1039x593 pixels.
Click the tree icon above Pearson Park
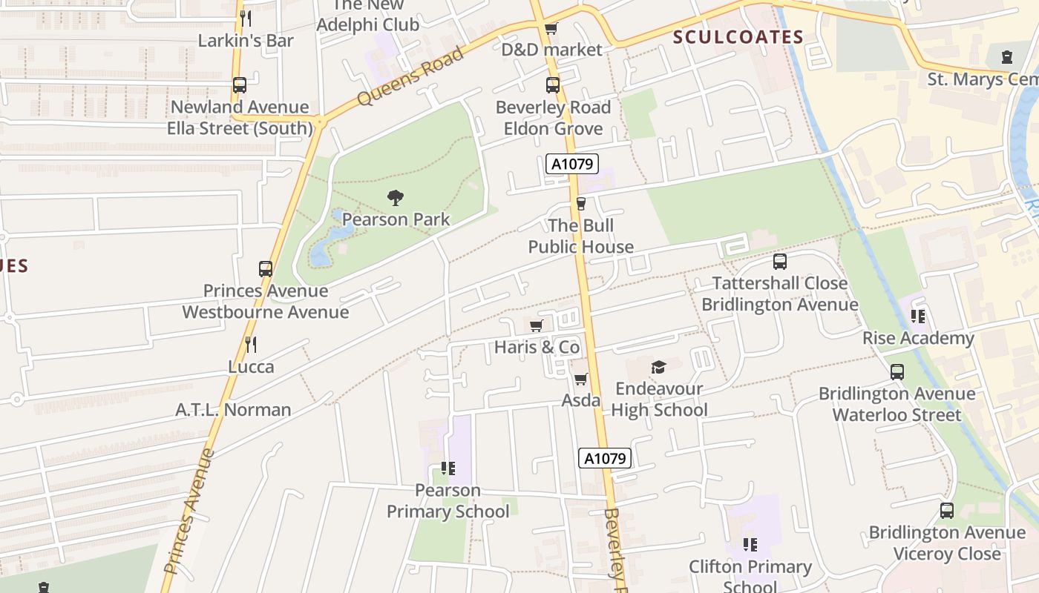point(396,198)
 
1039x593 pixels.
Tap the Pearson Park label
point(396,219)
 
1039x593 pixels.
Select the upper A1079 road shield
point(572,164)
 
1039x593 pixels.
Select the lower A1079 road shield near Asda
point(605,458)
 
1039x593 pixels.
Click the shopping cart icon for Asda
point(580,380)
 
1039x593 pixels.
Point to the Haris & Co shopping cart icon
point(537,326)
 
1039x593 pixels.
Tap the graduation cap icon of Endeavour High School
point(658,367)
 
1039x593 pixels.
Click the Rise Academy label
point(918,338)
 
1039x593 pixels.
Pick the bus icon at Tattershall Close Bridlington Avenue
point(779,262)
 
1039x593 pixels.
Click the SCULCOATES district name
point(738,37)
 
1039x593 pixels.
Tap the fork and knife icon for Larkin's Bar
point(246,19)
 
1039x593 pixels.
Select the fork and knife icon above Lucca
point(251,345)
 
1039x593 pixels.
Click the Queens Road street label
point(410,76)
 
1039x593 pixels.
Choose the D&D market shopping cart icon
point(551,29)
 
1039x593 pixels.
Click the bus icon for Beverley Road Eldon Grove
point(552,85)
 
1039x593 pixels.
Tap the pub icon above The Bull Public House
point(581,204)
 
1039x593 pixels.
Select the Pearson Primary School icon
point(448,468)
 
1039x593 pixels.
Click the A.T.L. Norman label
point(233,409)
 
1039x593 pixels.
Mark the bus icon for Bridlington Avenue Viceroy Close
point(946,511)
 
